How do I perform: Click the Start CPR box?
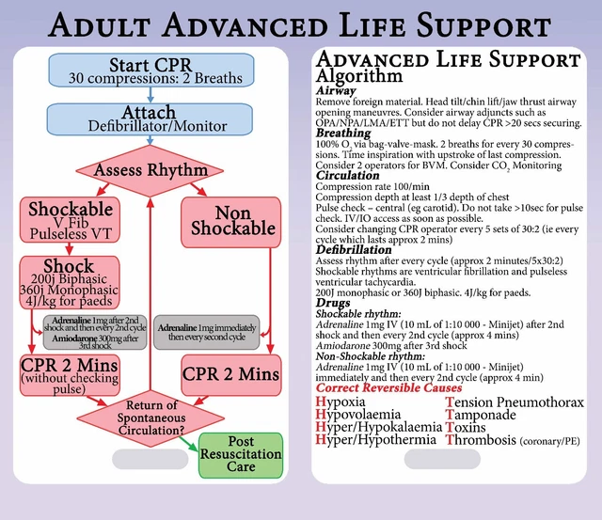click(149, 71)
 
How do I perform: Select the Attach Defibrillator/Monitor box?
click(149, 118)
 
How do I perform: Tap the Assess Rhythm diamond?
click(149, 171)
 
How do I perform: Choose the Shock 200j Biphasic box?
click(68, 285)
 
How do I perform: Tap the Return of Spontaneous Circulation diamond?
click(149, 414)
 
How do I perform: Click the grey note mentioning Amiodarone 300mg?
click(93, 333)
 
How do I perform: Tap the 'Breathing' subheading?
click(344, 134)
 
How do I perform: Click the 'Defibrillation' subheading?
click(354, 251)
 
